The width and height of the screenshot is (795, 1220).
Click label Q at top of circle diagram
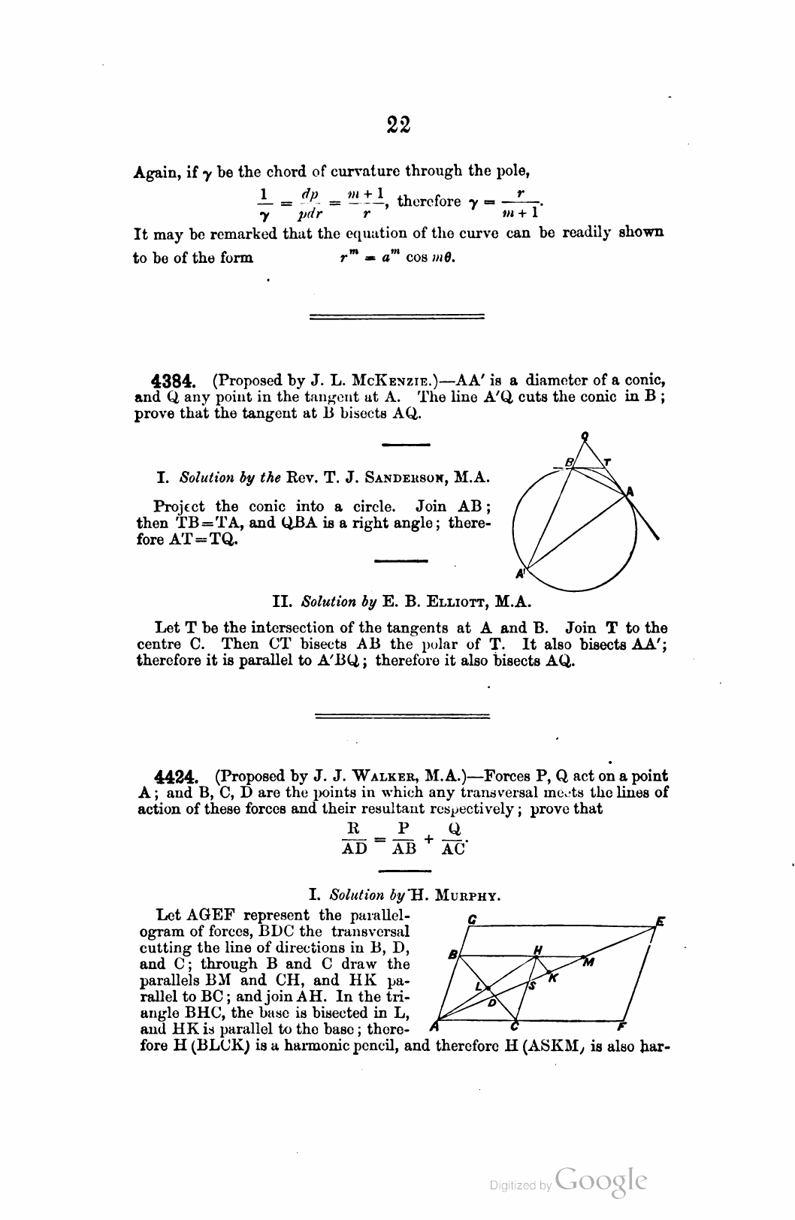[x=584, y=436]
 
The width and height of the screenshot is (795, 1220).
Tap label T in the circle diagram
[x=607, y=462]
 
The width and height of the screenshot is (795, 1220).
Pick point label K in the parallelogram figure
[x=553, y=977]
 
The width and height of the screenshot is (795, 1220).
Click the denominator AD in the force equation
[x=355, y=848]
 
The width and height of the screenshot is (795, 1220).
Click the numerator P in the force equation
[x=404, y=829]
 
